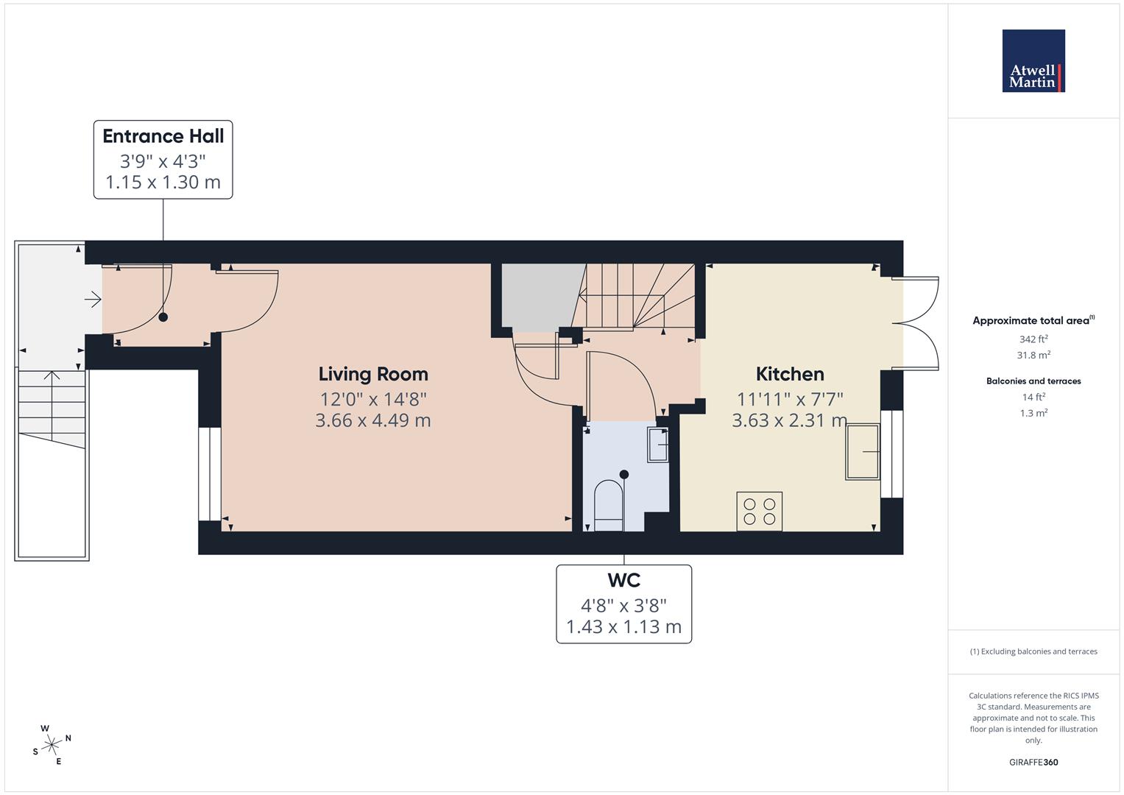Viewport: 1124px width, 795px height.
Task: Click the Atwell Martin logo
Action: click(x=1033, y=61)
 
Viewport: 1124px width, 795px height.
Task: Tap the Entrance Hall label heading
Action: click(x=163, y=136)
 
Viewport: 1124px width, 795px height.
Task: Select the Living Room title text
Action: click(x=372, y=374)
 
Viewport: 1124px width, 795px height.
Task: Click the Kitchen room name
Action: click(x=790, y=374)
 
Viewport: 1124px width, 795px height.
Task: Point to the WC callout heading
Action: click(x=623, y=580)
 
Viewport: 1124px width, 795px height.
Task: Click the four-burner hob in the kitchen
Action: click(x=759, y=512)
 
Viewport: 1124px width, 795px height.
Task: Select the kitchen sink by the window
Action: click(x=863, y=452)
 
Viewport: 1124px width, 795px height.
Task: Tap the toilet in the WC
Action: click(x=608, y=505)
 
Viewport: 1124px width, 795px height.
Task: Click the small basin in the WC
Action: click(x=657, y=445)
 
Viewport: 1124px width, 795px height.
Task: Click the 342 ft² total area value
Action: click(x=1033, y=339)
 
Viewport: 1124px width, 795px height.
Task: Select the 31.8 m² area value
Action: click(x=1033, y=355)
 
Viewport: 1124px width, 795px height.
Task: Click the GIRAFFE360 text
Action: click(x=1033, y=762)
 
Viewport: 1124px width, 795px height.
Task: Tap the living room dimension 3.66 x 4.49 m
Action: click(x=372, y=421)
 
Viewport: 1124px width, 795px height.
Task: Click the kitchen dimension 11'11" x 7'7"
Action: click(x=790, y=399)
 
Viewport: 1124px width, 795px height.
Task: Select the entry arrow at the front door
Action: click(x=93, y=299)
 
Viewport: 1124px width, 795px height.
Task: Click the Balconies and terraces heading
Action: click(x=1033, y=381)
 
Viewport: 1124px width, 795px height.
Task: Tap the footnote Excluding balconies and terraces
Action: click(x=1033, y=651)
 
